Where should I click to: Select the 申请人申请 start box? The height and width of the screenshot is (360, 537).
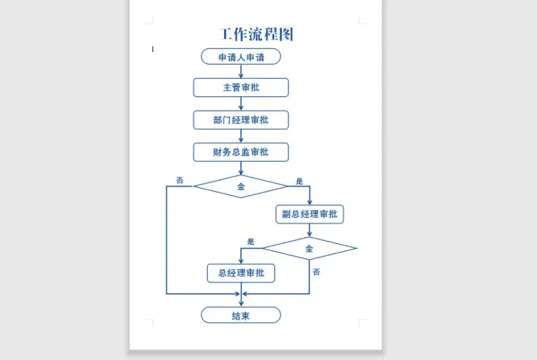[x=241, y=57]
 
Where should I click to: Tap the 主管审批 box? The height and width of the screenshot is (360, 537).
[x=241, y=87]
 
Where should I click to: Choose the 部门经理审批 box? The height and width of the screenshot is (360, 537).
[x=241, y=119]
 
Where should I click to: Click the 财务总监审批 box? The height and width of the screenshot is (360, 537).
[x=241, y=152]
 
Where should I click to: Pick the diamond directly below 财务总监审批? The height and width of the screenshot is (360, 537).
[x=241, y=186]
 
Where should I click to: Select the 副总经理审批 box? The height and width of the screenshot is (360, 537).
[x=310, y=214]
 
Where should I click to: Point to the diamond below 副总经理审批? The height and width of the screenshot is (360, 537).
[x=310, y=249]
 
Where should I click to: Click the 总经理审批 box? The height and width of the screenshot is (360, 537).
[x=241, y=274]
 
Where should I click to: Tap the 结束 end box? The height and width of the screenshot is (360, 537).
[x=241, y=315]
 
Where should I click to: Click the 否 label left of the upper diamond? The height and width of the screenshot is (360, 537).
[x=179, y=181]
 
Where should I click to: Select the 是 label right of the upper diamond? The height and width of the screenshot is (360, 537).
[x=299, y=181]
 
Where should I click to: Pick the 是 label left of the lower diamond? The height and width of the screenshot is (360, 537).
[x=250, y=242]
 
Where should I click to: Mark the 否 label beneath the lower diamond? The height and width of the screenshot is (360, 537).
[x=316, y=272]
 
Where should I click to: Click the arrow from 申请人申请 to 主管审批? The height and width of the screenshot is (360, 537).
[x=241, y=71]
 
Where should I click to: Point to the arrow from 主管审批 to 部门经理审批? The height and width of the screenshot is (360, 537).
[x=241, y=103]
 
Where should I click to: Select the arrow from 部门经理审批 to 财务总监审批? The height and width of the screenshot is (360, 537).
[x=241, y=136]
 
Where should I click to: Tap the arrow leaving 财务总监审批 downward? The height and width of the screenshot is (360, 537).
[x=241, y=168]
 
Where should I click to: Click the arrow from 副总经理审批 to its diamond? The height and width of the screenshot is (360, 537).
[x=310, y=230]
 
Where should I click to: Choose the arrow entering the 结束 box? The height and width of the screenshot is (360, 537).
[x=241, y=300]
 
